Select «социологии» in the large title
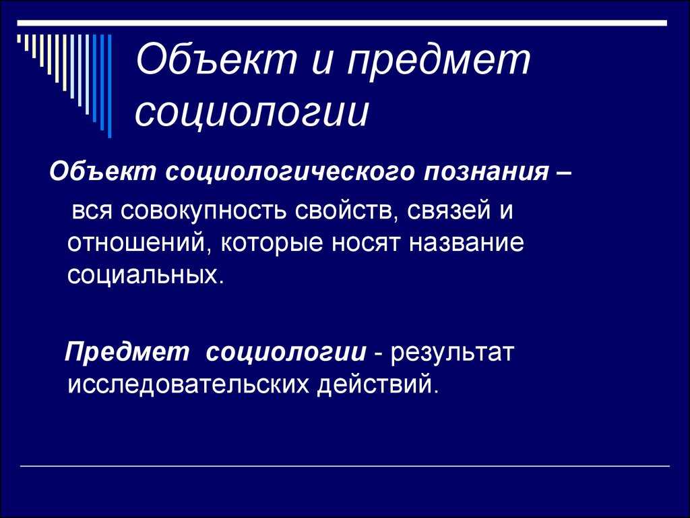(252, 112)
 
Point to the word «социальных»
(143, 275)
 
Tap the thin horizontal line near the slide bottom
(345, 466)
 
